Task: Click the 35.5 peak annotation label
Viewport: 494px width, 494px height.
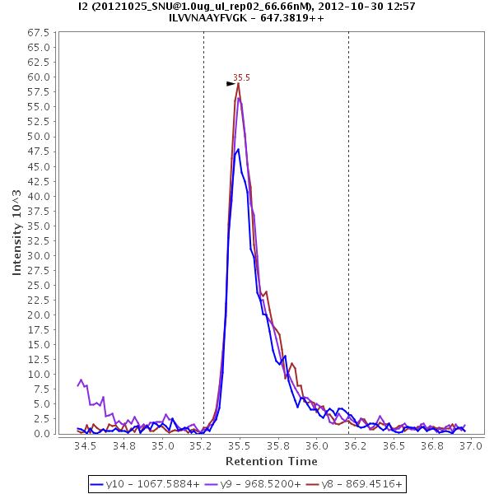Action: pos(241,77)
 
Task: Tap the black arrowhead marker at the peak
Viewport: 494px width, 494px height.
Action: pos(231,84)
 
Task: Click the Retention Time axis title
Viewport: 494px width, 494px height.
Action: pos(271,461)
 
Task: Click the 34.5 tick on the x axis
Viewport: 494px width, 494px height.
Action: pos(86,445)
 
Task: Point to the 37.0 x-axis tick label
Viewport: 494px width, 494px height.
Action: pos(470,445)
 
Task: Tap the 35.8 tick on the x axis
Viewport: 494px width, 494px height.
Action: pos(278,445)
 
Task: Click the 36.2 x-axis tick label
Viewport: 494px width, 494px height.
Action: pos(355,445)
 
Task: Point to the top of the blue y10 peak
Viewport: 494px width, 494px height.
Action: pos(238,149)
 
